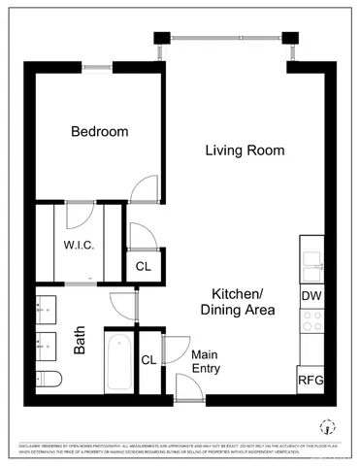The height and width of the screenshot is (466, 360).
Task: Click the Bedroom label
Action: point(99,133)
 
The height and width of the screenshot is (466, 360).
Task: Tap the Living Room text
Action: point(245,150)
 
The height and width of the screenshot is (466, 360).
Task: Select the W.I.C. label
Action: point(79,245)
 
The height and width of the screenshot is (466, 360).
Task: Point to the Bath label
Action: point(81,343)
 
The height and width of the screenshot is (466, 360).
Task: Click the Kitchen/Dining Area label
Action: point(238,302)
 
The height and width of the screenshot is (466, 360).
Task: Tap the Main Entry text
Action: point(206,361)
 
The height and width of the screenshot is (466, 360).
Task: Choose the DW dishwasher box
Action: point(311,296)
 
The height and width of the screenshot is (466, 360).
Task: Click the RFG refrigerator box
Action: point(311,380)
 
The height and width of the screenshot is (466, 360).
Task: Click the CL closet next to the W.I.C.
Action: point(143,265)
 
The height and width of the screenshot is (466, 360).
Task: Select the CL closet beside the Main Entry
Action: point(148,360)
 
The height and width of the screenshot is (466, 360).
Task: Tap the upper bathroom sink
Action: point(46,309)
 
